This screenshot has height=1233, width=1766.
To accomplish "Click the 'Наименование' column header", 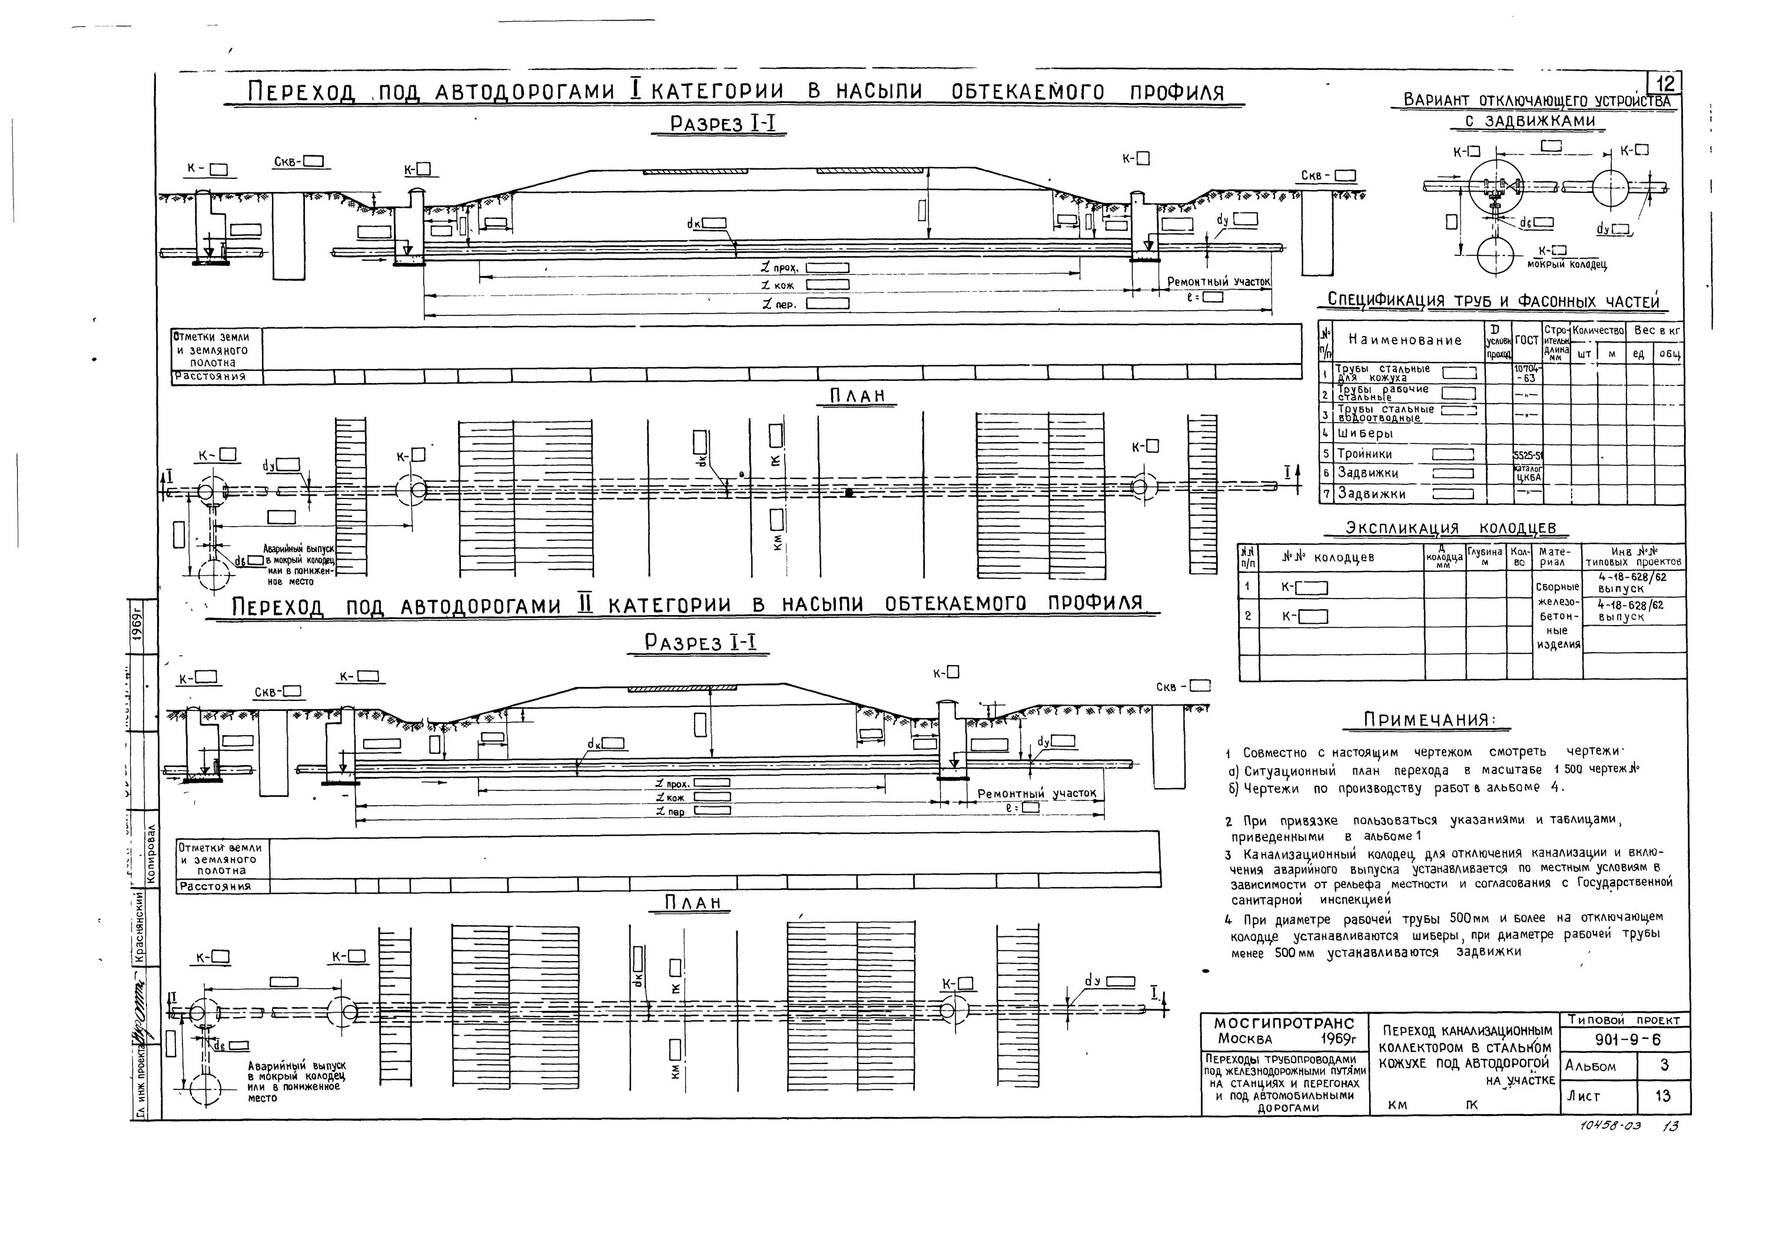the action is point(1405,341).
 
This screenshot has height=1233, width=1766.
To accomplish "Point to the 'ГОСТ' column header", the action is point(1528,340).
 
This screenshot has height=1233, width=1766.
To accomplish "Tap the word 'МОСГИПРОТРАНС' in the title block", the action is point(1283,1024).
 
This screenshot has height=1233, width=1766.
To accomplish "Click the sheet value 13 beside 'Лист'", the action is point(1663,1096).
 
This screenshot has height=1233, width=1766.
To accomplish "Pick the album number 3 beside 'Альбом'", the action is point(1663,1065).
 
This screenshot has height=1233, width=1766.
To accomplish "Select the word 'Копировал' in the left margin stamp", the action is point(151,854).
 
